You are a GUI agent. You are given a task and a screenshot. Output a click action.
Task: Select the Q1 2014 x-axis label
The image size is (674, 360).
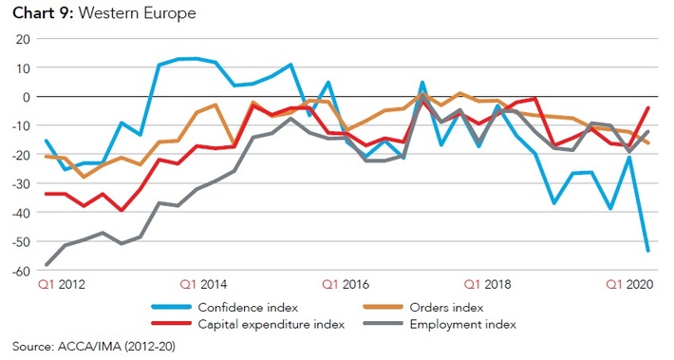tap(202, 284)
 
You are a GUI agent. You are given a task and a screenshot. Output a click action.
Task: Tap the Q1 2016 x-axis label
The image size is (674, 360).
tap(344, 284)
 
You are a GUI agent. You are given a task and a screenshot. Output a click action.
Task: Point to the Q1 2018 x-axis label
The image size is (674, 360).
tap(485, 284)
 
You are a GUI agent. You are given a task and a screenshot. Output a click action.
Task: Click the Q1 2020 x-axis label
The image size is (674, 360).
tap(627, 284)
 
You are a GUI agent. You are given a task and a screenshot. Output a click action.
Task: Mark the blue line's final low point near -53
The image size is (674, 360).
tap(648, 251)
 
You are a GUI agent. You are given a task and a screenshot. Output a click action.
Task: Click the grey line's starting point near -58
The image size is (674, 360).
tap(47, 265)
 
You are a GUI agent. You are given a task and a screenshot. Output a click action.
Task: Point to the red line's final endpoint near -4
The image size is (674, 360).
tap(648, 108)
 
